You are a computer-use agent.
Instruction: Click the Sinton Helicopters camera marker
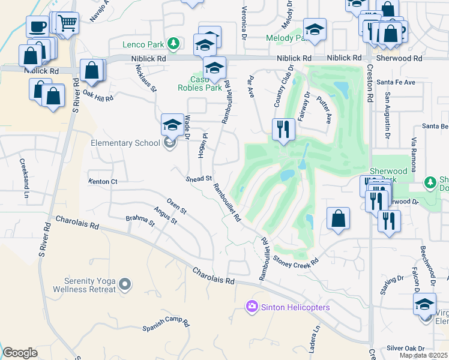[252, 307]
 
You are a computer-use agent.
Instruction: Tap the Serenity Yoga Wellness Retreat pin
[125, 284]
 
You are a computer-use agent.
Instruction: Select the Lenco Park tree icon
[173, 44]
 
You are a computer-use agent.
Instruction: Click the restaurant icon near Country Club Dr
[282, 128]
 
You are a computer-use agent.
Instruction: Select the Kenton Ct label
[102, 181]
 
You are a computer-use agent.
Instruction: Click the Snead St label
[199, 179]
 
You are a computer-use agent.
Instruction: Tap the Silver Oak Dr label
[405, 348]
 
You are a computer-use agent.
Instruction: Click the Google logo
[20, 353]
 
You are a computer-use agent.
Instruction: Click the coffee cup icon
[37, 26]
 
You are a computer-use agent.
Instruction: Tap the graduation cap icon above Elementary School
[172, 124]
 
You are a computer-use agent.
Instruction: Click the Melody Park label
[285, 38]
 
